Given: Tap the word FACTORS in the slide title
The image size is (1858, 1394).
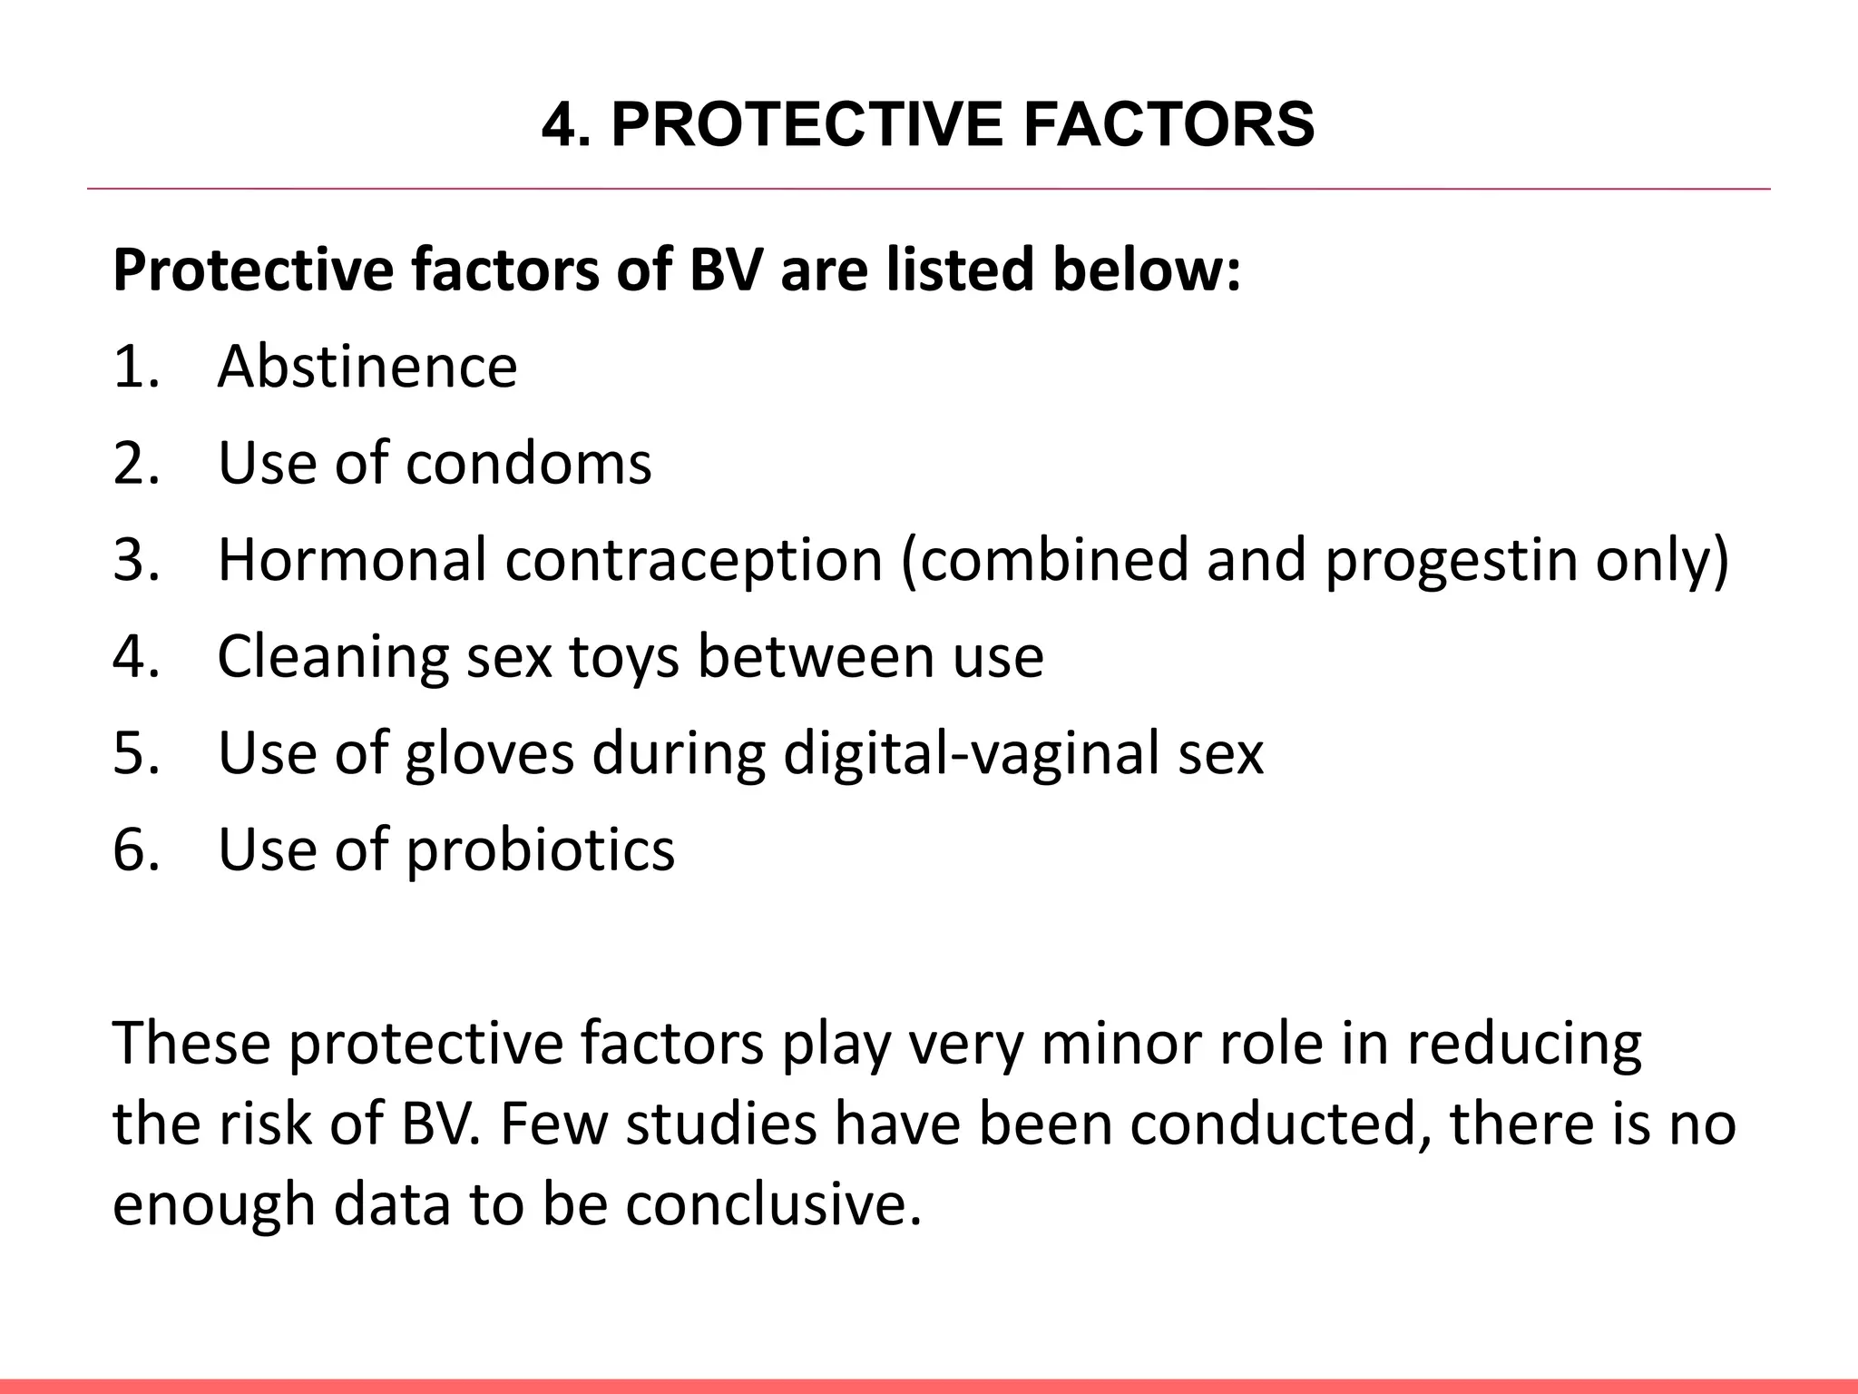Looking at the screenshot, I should pyautogui.click(x=1169, y=124).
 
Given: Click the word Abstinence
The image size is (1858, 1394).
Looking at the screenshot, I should pyautogui.click(x=367, y=367).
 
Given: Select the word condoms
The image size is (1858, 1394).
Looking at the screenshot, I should pyautogui.click(x=528, y=463).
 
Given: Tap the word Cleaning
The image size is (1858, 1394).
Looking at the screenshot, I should pyautogui.click(x=333, y=656).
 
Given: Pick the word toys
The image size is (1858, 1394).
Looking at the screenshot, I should pyautogui.click(x=624, y=658).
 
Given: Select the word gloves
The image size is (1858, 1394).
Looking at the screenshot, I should pyautogui.click(x=489, y=753).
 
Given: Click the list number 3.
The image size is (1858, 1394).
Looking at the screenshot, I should pyautogui.click(x=136, y=559).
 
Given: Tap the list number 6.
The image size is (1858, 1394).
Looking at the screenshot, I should pyautogui.click(x=136, y=849).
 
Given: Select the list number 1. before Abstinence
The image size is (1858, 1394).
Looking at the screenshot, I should pyautogui.click(x=136, y=367).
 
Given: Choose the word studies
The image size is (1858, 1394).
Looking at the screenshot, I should pyautogui.click(x=722, y=1124).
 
